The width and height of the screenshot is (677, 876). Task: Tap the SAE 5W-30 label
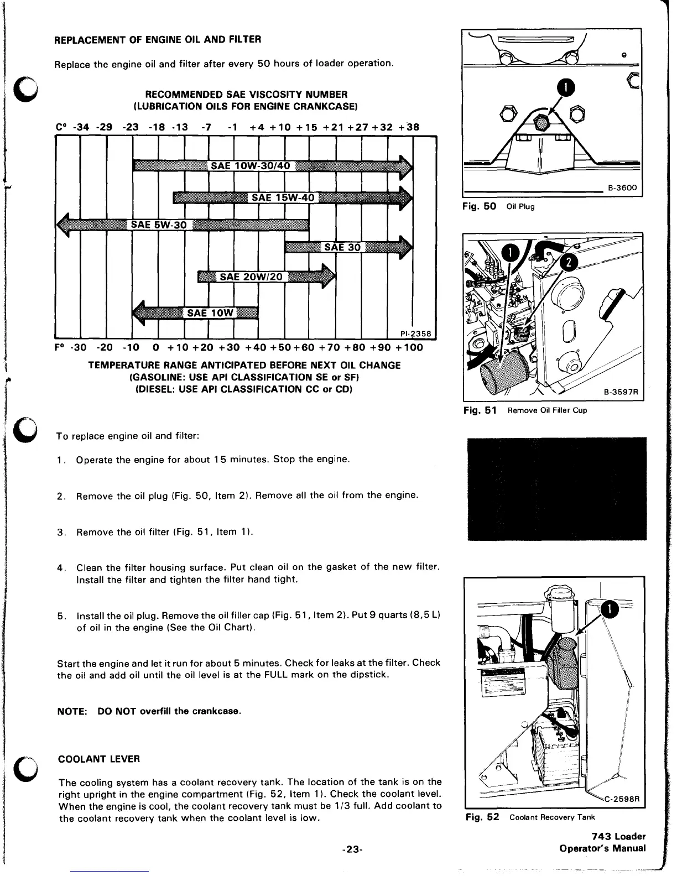tap(159, 225)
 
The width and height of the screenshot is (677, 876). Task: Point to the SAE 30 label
tap(342, 247)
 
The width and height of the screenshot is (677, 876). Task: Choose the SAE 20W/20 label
tap(251, 277)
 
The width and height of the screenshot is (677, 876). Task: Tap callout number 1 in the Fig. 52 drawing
tap(609, 609)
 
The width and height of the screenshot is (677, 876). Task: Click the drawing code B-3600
tap(622, 188)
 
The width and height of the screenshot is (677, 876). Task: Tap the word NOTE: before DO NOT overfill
tap(72, 711)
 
